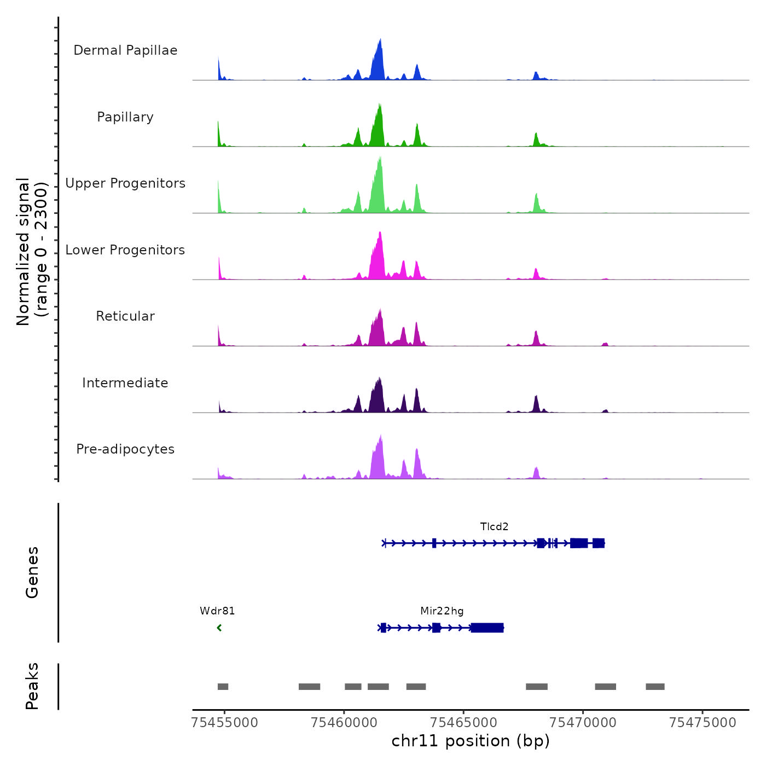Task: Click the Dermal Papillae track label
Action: [125, 50]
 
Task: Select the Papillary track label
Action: [125, 117]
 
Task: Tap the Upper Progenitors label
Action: [125, 183]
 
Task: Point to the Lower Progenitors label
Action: [125, 250]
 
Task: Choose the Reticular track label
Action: [125, 316]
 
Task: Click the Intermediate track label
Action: [125, 383]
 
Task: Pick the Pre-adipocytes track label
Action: [125, 449]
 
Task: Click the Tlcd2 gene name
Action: [494, 527]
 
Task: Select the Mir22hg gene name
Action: [442, 611]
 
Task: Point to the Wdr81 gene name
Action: [217, 611]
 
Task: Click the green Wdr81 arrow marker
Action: [219, 628]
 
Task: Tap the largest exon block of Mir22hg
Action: [487, 628]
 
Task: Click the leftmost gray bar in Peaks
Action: [223, 687]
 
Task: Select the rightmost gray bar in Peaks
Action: [655, 687]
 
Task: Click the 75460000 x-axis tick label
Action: [344, 723]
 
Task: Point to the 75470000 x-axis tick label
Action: [583, 723]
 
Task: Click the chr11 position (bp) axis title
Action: [471, 741]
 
